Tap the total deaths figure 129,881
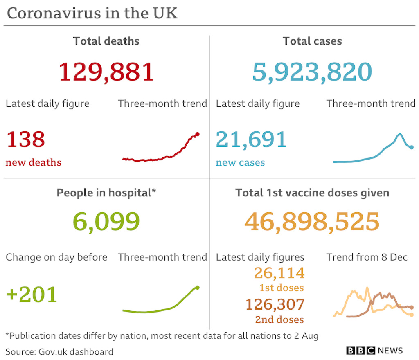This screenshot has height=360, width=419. pyautogui.click(x=106, y=72)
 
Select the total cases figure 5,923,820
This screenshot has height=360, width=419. pyautogui.click(x=312, y=72)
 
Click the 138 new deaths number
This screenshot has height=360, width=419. pyautogui.click(x=25, y=139)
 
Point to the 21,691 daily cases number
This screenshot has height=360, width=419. pyautogui.click(x=251, y=139)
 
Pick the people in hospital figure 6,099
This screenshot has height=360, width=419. pyautogui.click(x=106, y=222)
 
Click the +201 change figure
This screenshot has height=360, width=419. pyautogui.click(x=32, y=295)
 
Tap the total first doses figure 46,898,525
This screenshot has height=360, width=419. pyautogui.click(x=312, y=222)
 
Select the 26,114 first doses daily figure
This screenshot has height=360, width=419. pyautogui.click(x=279, y=273)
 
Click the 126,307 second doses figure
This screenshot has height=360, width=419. pyautogui.click(x=275, y=304)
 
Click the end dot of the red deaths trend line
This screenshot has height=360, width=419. pyautogui.click(x=197, y=134)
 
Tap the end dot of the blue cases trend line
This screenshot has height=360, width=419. pyautogui.click(x=412, y=147)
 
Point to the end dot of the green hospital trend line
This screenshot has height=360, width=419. pyautogui.click(x=198, y=288)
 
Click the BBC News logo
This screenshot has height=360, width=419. pyautogui.click(x=374, y=351)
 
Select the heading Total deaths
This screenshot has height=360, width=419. pyautogui.click(x=106, y=41)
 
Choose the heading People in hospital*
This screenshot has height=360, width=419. pyautogui.click(x=106, y=193)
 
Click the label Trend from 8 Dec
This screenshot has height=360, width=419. pyautogui.click(x=367, y=257)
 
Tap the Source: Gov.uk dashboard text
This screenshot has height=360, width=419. pyautogui.click(x=59, y=351)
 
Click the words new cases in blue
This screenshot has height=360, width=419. pyautogui.click(x=240, y=163)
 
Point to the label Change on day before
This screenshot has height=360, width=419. pyautogui.click(x=56, y=257)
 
